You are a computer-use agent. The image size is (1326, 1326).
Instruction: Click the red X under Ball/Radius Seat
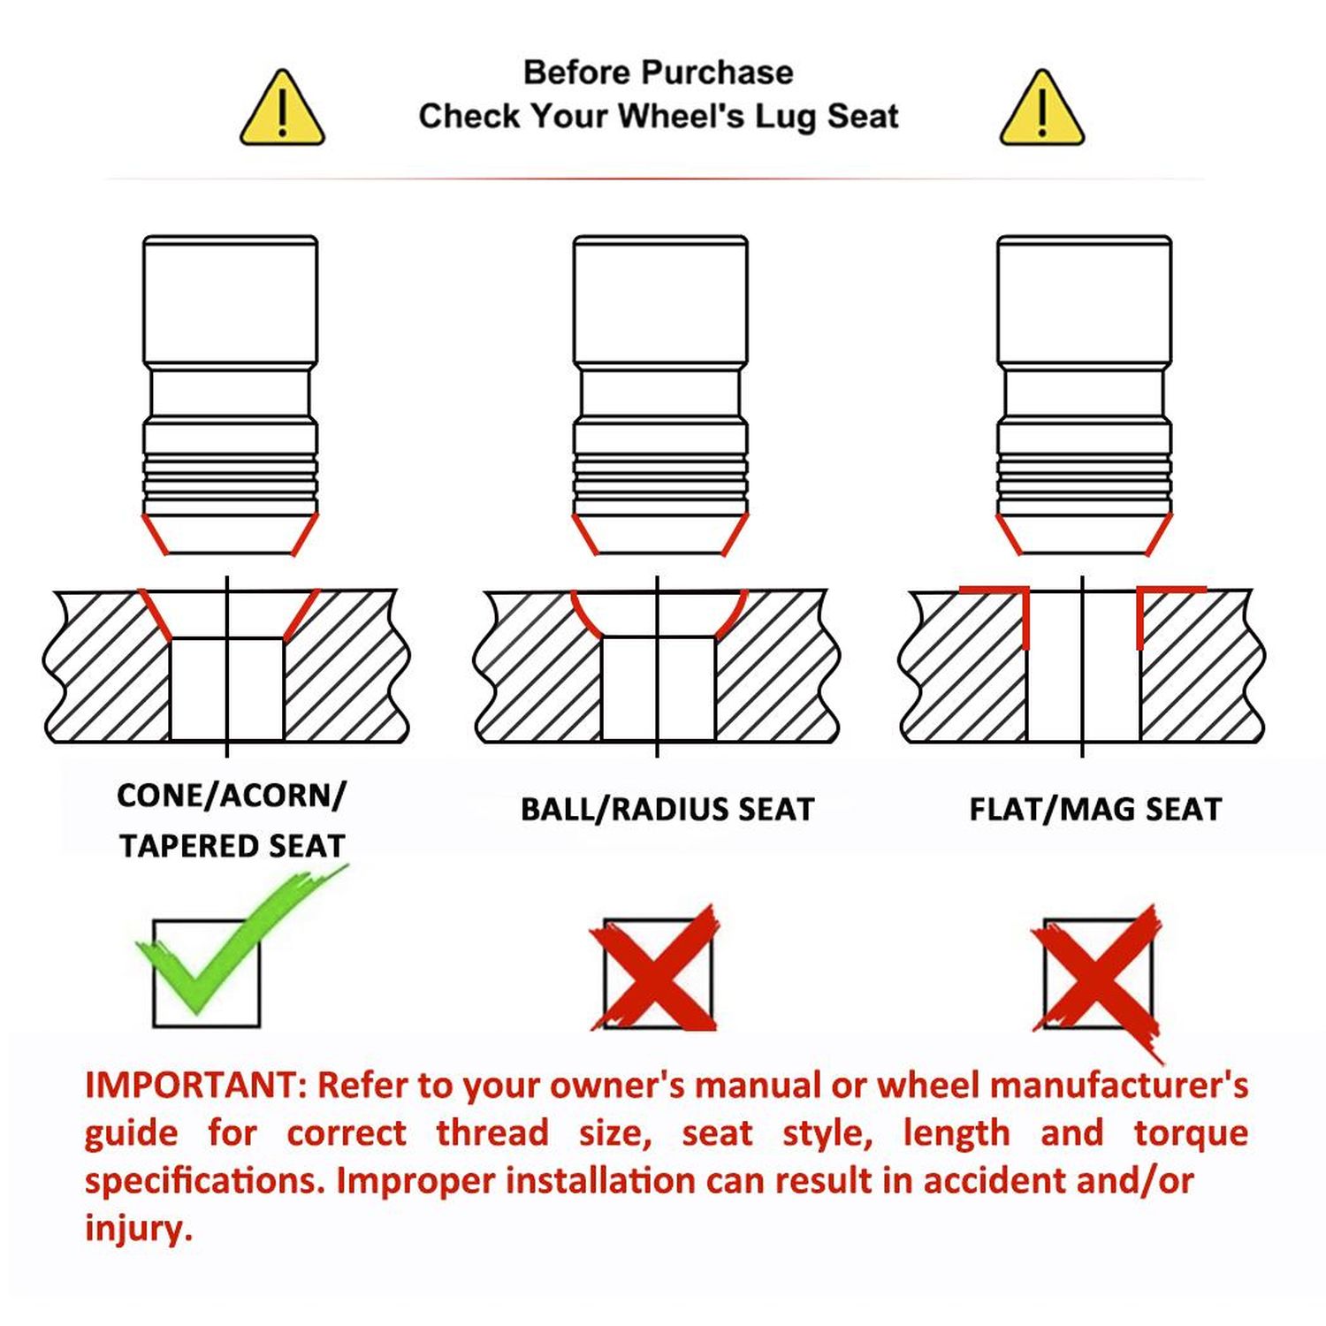coord(655,969)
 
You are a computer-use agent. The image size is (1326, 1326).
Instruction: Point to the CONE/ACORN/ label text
coord(232,796)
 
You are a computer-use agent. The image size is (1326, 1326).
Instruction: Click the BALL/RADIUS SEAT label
coord(667,809)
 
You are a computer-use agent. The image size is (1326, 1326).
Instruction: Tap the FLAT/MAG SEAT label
coord(1095,809)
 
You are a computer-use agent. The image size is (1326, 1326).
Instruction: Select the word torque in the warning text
coord(1191,1133)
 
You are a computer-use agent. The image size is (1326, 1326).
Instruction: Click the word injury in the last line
coord(138,1229)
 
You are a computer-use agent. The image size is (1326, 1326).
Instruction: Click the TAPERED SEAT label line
coord(232,846)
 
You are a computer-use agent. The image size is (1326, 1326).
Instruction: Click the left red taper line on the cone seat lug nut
coord(154,534)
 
